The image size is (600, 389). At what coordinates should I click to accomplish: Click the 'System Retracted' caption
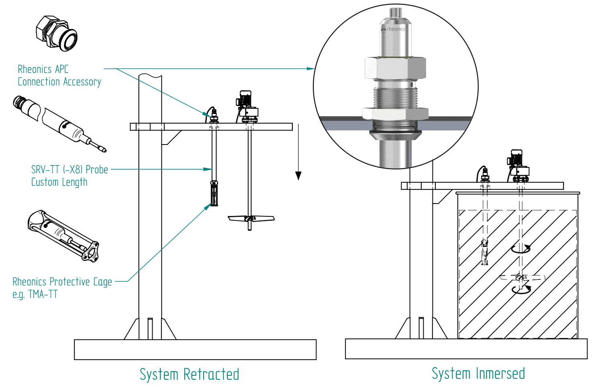point(189,374)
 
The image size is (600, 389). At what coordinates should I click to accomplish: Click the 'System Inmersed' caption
point(478,373)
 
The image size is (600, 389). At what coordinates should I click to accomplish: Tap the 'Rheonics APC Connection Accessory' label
point(59,75)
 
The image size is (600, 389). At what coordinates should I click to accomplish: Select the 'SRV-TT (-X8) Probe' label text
point(69,170)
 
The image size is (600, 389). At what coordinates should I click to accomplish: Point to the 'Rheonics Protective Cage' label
point(62,282)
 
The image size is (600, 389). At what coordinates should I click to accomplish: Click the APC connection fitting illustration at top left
point(57,33)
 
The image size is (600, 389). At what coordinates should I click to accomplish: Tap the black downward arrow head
point(298,175)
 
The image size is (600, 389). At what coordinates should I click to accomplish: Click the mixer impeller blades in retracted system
point(251,219)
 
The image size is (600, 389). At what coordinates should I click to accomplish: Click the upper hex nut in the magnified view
point(395,68)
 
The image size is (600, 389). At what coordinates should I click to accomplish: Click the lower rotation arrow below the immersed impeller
point(521,290)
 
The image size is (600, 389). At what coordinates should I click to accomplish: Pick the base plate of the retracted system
point(195,349)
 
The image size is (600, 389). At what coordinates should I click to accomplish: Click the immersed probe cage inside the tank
point(485,252)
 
